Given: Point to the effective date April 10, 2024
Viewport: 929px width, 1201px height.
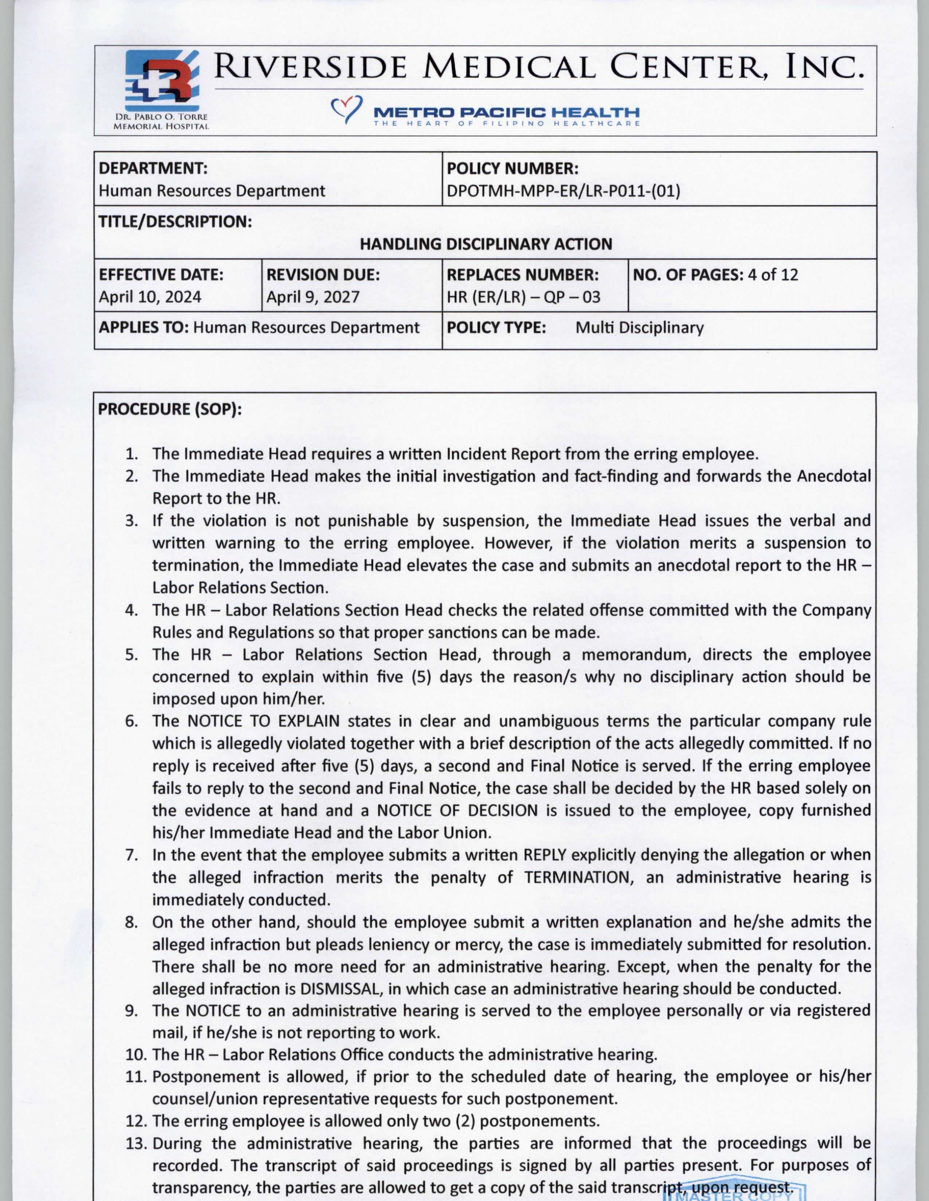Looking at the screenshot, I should click(150, 297).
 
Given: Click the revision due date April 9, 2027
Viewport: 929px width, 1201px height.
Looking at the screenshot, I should click(313, 297).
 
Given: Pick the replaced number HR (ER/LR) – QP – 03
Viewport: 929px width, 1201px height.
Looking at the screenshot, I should click(523, 297).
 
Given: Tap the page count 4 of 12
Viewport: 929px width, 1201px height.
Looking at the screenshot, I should click(772, 274).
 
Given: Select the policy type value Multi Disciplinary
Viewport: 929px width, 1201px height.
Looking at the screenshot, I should click(639, 328).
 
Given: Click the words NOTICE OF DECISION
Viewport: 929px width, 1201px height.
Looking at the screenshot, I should click(457, 810).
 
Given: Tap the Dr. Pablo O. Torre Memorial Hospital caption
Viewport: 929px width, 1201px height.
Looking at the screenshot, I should click(161, 122).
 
